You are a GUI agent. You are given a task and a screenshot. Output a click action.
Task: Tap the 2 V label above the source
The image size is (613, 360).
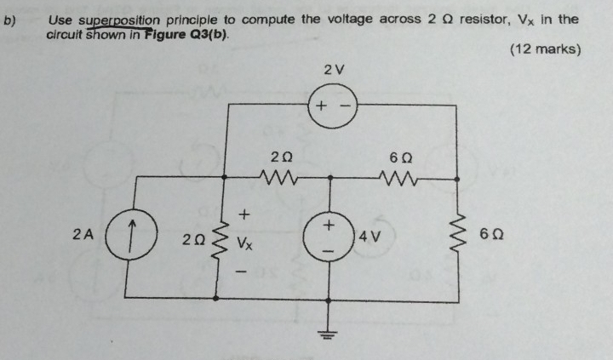click(334, 69)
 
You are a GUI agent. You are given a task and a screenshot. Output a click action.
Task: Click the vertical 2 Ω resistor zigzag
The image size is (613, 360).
click(219, 237)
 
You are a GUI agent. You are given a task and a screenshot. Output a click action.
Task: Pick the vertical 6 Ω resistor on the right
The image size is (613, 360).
click(460, 236)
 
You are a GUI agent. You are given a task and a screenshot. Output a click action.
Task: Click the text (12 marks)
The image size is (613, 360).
click(546, 49)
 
